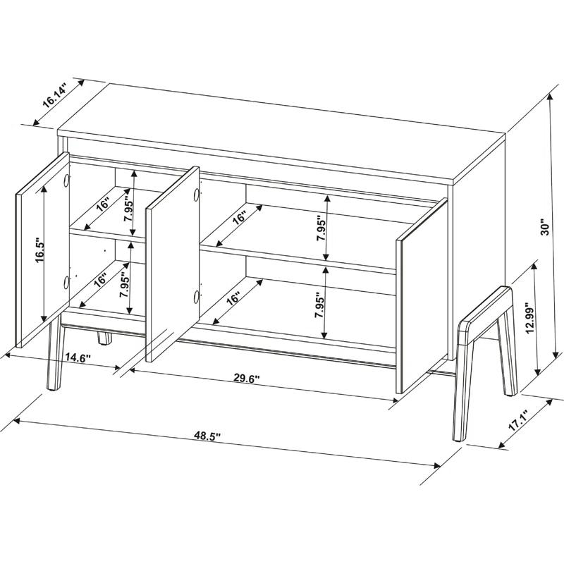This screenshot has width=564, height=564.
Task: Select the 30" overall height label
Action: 544,228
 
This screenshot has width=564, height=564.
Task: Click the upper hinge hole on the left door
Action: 66,180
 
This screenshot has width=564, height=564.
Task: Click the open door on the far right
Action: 422,296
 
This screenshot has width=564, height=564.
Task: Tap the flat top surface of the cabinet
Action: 282,130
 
